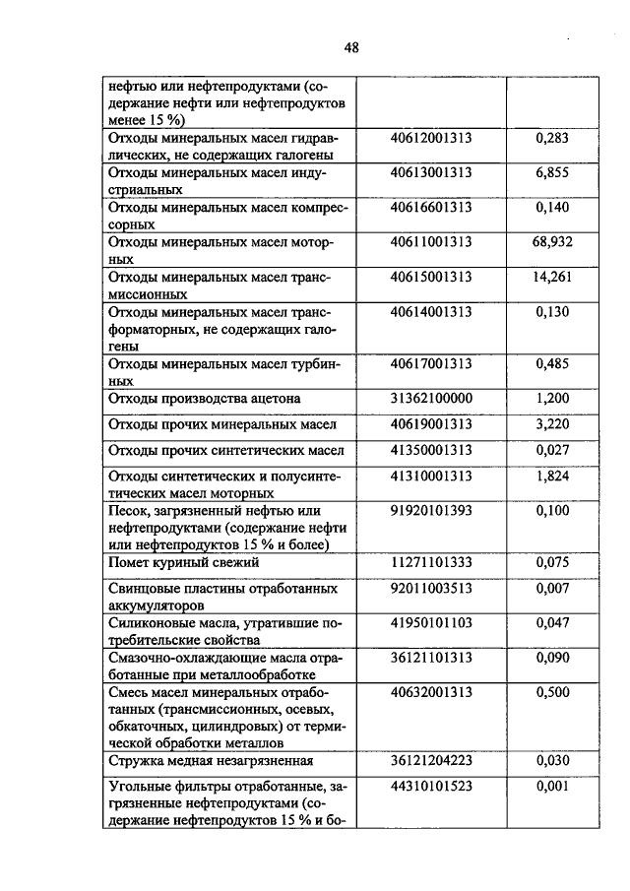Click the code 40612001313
pyautogui.click(x=431, y=139)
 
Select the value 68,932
pyautogui.click(x=552, y=241)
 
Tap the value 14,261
pyautogui.click(x=552, y=278)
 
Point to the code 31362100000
pyautogui.click(x=431, y=399)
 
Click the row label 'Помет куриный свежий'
pyautogui.click(x=183, y=563)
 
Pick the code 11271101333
pyautogui.click(x=431, y=563)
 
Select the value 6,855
pyautogui.click(x=552, y=172)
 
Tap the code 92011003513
pyautogui.click(x=431, y=588)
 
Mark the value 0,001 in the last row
pyautogui.click(x=552, y=786)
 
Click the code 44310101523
pyautogui.click(x=431, y=786)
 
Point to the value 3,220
pyautogui.click(x=552, y=424)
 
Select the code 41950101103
pyautogui.click(x=431, y=623)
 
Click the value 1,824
pyautogui.click(x=552, y=477)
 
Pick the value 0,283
pyautogui.click(x=552, y=139)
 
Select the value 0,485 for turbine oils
pyautogui.click(x=552, y=364)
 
